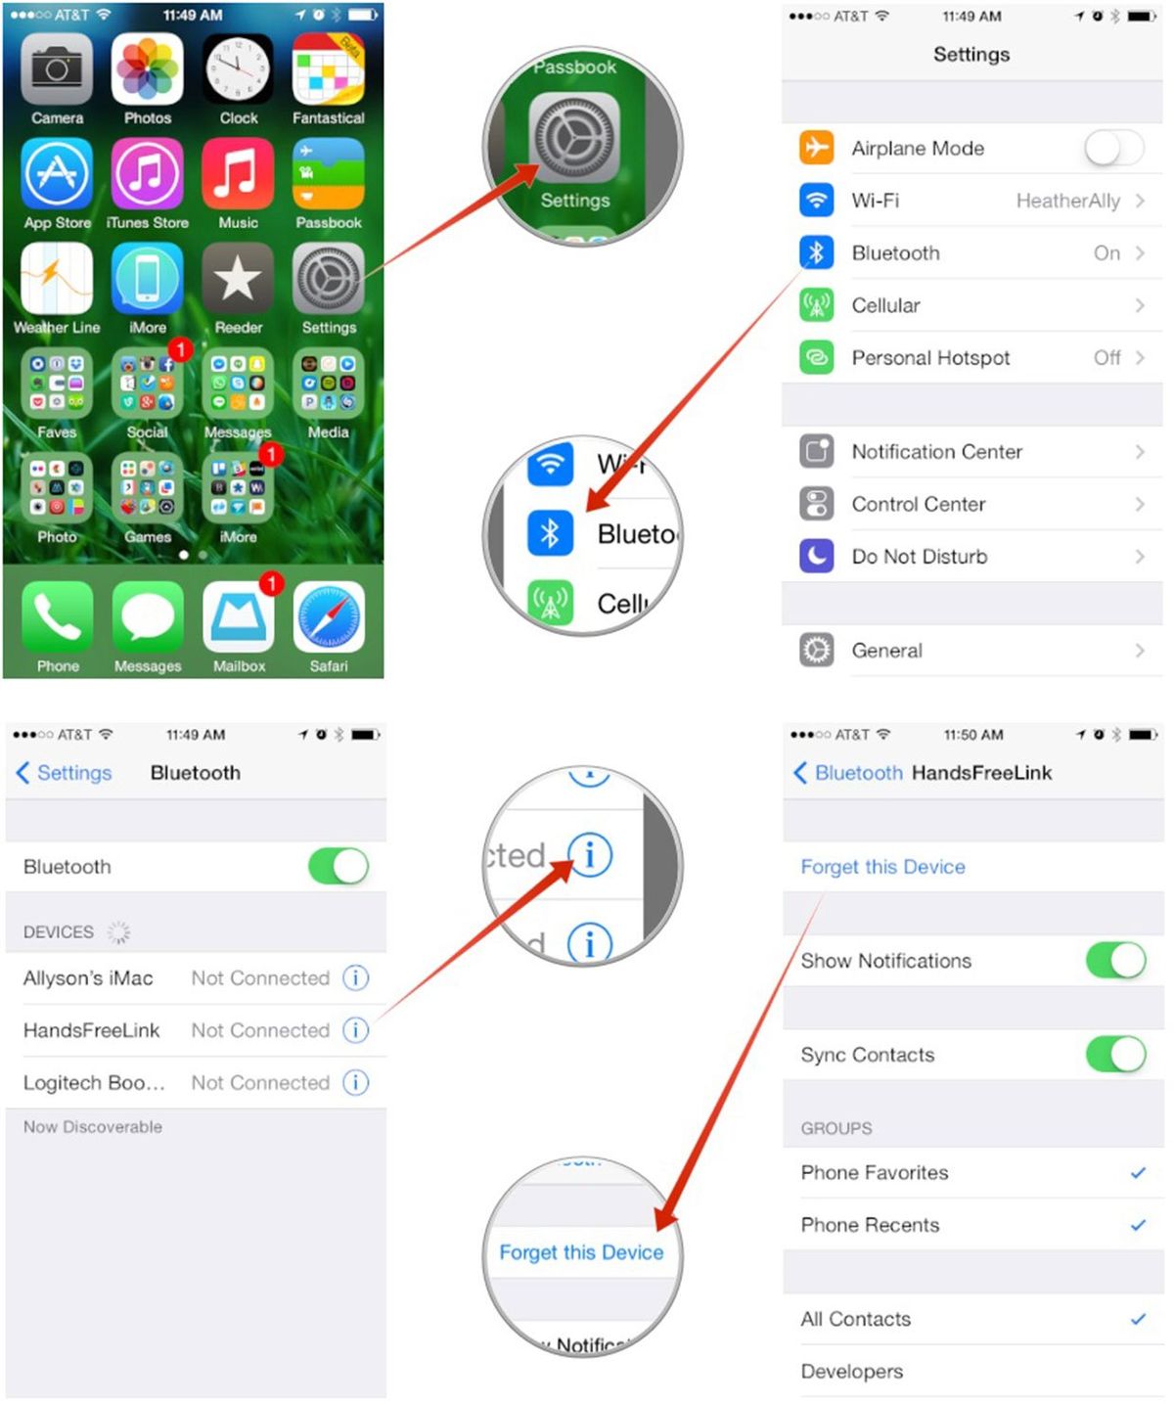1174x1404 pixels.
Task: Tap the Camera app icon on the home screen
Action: (57, 70)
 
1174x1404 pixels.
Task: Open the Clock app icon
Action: (238, 70)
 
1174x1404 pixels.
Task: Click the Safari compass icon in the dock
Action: (329, 617)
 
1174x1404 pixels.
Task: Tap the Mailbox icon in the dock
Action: (239, 617)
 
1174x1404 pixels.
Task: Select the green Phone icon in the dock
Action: (58, 617)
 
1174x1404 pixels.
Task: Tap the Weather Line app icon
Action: (57, 279)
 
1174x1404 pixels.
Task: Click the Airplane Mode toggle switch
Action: (1113, 149)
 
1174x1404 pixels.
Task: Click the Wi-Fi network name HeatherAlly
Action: (1067, 201)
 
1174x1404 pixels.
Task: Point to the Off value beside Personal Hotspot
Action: (1106, 358)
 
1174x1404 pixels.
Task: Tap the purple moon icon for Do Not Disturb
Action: (816, 557)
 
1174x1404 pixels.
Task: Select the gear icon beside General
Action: (816, 651)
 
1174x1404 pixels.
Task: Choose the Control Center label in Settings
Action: (918, 505)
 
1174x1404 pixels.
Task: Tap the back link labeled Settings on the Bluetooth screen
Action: (65, 773)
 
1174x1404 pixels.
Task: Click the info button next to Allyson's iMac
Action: (356, 977)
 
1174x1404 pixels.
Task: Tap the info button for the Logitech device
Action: (356, 1082)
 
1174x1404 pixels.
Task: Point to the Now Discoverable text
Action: (93, 1127)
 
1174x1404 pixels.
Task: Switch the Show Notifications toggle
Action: (1115, 961)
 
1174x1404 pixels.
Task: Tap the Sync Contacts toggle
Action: (1115, 1055)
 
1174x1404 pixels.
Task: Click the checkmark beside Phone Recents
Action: (1138, 1225)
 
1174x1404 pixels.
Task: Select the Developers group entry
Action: (852, 1372)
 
